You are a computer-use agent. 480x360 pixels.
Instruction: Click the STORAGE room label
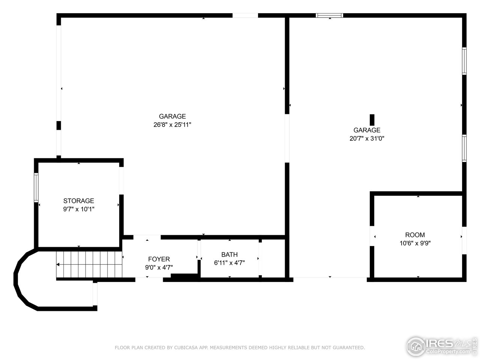pos(78,201)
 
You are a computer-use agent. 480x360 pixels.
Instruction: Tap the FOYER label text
pos(159,259)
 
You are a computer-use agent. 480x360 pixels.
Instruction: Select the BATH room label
pos(229,255)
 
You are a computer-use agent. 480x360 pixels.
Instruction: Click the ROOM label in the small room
pos(415,235)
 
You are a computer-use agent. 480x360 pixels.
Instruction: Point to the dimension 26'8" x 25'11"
pos(172,124)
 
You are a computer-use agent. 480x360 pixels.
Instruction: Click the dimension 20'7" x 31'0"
pos(367,138)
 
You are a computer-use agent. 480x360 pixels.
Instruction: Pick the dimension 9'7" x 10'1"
pos(78,209)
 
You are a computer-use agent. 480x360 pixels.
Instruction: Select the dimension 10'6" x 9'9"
pos(415,243)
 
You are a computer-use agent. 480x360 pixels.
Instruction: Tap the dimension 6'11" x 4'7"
pos(229,263)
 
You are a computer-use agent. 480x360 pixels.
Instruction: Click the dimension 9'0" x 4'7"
pos(159,267)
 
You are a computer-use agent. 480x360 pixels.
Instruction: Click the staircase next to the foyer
pos(90,264)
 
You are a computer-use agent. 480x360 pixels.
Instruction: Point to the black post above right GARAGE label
pos(372,120)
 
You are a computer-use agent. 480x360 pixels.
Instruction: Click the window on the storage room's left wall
pos(36,187)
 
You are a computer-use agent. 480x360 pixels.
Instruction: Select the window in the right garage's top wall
pos(329,15)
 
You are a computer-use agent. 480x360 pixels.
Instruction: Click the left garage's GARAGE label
pos(172,116)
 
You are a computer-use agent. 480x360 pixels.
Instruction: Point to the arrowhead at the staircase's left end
pos(58,264)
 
